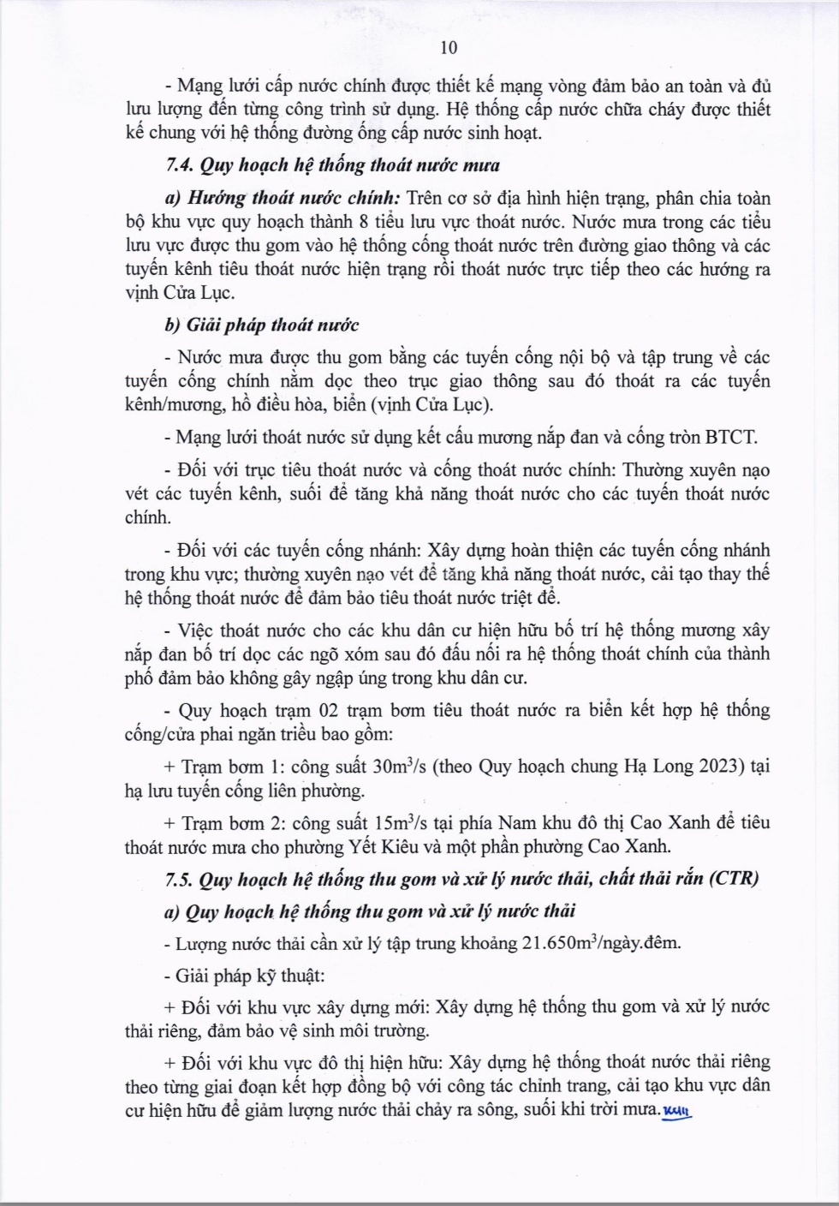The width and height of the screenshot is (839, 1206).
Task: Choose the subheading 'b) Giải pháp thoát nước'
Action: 261,325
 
